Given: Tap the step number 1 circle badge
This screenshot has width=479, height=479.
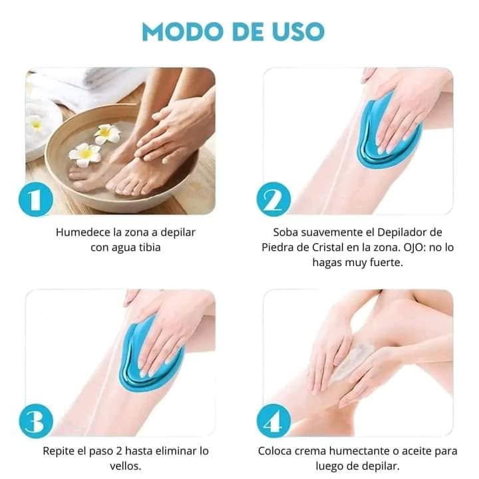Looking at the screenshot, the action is coord(36,200).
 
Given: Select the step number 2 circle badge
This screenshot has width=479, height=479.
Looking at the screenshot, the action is coord(273,200).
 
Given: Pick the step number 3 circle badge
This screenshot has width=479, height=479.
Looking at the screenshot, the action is coord(36,421).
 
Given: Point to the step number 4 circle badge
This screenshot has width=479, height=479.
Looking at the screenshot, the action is coord(273,421).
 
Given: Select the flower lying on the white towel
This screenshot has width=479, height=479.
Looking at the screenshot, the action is coord(35,123).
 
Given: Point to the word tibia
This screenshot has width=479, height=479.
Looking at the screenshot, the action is coord(150,247).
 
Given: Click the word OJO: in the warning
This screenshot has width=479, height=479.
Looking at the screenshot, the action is coord(415,247).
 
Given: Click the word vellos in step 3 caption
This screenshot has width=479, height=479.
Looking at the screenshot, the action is coord(124,466).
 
